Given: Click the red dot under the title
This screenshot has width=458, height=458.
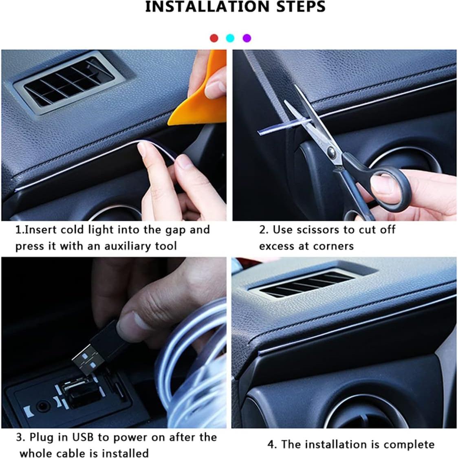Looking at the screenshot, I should click(x=214, y=38).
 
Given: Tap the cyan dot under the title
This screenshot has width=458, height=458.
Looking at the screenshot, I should click(x=230, y=38).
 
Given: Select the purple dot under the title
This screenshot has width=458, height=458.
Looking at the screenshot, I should click(x=247, y=38).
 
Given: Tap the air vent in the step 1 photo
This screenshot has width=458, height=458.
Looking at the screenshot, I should click(x=65, y=84).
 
